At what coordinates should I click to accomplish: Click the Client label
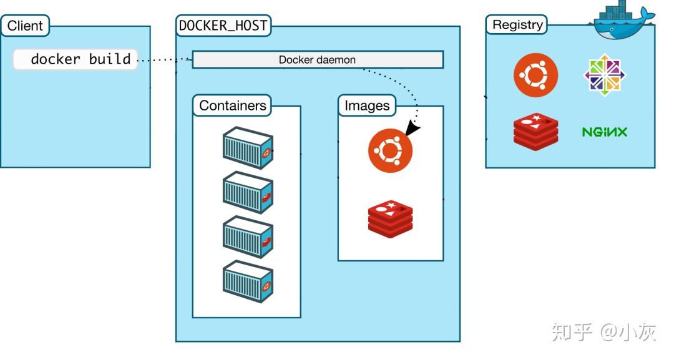(x=25, y=26)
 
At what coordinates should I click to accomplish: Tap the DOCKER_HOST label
(x=223, y=26)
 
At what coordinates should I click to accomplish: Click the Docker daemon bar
(x=317, y=60)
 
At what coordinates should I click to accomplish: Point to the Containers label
(x=232, y=106)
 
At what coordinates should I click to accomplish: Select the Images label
(x=367, y=106)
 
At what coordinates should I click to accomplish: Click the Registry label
(x=517, y=25)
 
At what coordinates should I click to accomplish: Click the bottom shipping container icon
(x=248, y=281)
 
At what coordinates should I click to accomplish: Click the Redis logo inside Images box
(x=390, y=219)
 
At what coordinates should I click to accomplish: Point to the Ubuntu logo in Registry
(x=535, y=76)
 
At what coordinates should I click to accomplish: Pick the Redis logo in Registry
(x=535, y=132)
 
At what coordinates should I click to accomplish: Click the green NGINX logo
(x=604, y=132)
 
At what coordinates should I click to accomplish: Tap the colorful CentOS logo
(x=604, y=75)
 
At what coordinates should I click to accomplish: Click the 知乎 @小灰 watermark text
(x=603, y=332)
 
